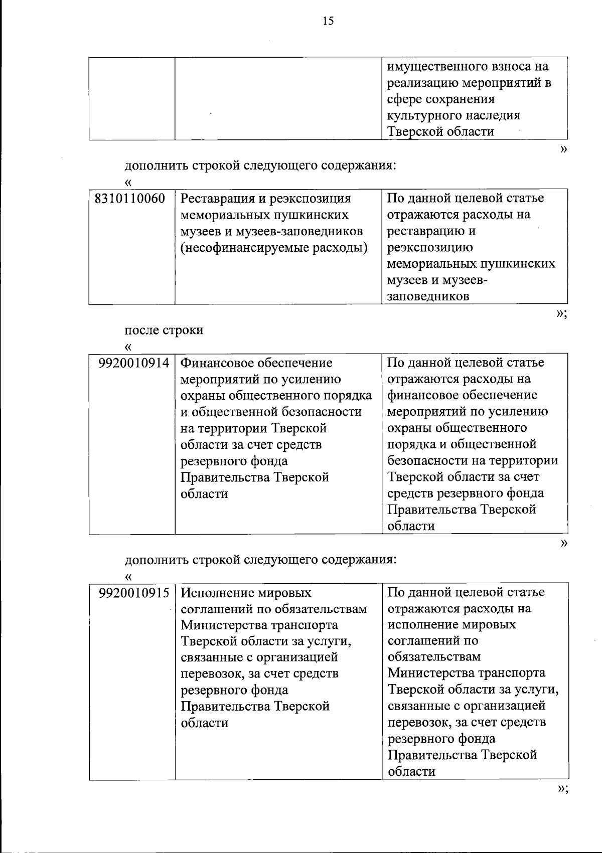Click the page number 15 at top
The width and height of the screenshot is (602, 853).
[328, 21]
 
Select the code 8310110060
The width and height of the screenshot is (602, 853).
[130, 199]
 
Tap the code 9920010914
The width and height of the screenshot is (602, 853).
[134, 363]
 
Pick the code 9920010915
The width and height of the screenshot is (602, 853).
[134, 593]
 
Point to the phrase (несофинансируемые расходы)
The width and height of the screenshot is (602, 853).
[274, 247]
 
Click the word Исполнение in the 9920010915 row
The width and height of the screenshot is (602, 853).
[216, 593]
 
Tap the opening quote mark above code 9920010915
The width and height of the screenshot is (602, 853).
[128, 576]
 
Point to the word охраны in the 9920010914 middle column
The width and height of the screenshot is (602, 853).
[203, 395]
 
